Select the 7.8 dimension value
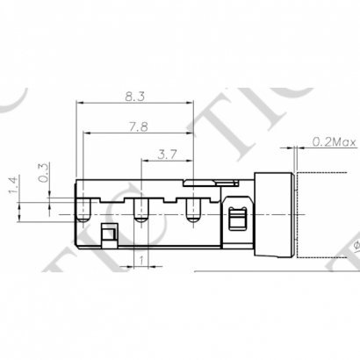(x=138, y=126)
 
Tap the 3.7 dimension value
(x=167, y=154)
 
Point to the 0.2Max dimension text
(x=332, y=140)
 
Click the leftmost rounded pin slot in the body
(x=83, y=208)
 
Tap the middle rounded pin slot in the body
(x=139, y=208)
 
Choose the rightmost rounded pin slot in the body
(x=193, y=208)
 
